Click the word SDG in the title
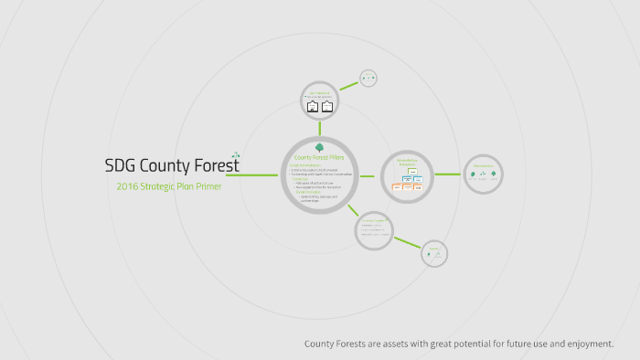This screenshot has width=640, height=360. click(x=121, y=166)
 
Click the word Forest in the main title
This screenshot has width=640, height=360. click(x=215, y=166)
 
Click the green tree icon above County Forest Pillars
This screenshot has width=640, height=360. click(x=319, y=148)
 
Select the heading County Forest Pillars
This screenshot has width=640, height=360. click(x=319, y=158)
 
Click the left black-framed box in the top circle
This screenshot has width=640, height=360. click(x=313, y=107)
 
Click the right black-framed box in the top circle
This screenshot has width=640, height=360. click(x=327, y=107)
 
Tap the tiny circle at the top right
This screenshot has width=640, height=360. click(x=368, y=79)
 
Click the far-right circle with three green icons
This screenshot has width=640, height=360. click(x=484, y=174)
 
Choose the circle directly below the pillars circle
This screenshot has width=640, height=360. click(x=374, y=229)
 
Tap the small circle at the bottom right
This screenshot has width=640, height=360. click(x=434, y=254)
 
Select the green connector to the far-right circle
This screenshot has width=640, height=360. click(x=447, y=174)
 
